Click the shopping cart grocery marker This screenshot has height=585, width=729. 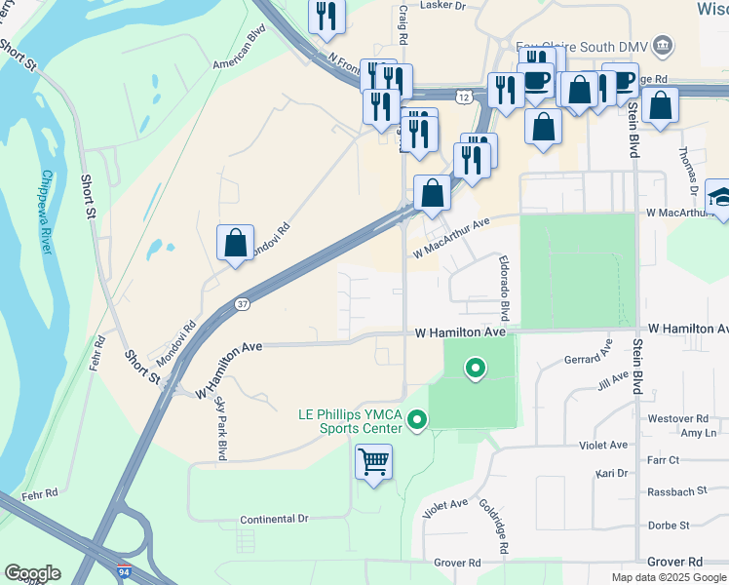click(x=374, y=461)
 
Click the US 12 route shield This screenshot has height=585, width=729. click(x=465, y=97)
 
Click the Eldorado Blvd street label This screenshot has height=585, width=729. click(x=504, y=289)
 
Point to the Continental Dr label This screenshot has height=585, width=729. click(x=274, y=520)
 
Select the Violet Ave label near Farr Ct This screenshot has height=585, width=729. click(x=604, y=445)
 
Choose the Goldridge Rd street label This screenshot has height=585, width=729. click(x=494, y=526)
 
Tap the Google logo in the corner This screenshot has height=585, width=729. click(x=32, y=573)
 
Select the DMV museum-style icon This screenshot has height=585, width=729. click(x=663, y=45)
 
